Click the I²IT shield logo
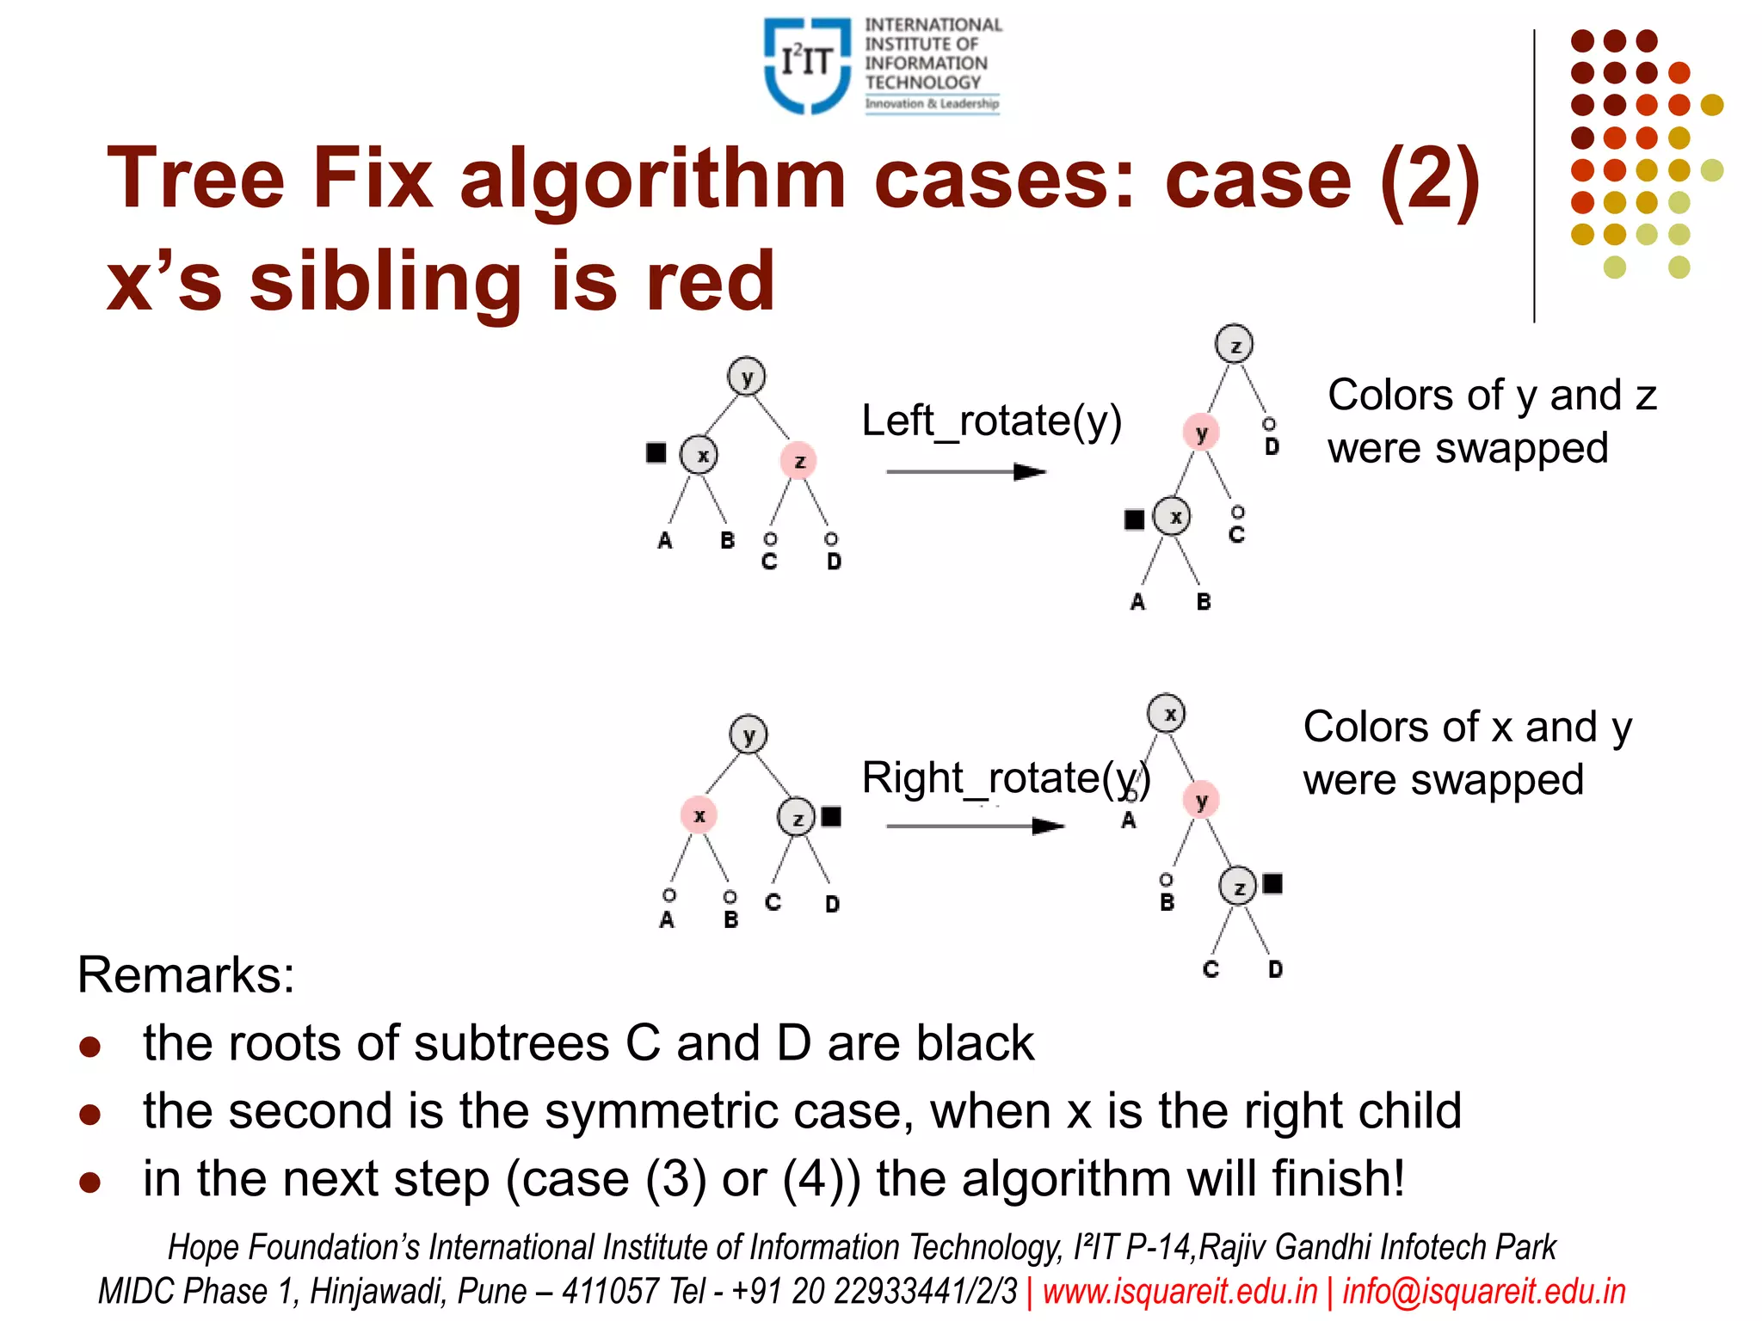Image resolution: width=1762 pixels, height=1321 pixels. [x=806, y=65]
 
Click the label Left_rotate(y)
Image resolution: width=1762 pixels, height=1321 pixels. [x=991, y=421]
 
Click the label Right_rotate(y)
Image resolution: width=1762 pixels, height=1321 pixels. [x=1006, y=778]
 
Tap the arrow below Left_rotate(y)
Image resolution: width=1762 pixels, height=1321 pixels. [x=965, y=472]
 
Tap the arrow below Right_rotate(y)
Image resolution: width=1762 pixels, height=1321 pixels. [x=974, y=826]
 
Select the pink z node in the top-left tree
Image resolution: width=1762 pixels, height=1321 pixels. [x=798, y=462]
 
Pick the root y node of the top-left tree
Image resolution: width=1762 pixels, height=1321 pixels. [x=747, y=377]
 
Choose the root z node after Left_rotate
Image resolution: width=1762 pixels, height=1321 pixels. [x=1234, y=345]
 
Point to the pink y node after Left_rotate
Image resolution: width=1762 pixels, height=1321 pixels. [x=1201, y=433]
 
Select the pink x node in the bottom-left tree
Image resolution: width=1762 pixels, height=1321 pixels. [x=699, y=815]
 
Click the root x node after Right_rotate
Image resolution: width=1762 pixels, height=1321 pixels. [x=1167, y=714]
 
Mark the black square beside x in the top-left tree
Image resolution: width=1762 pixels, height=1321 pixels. [x=656, y=453]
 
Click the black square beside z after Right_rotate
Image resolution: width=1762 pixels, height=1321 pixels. [x=1272, y=883]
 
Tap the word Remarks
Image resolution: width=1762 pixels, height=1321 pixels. [x=186, y=975]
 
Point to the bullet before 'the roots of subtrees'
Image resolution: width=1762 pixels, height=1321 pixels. [x=90, y=1047]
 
